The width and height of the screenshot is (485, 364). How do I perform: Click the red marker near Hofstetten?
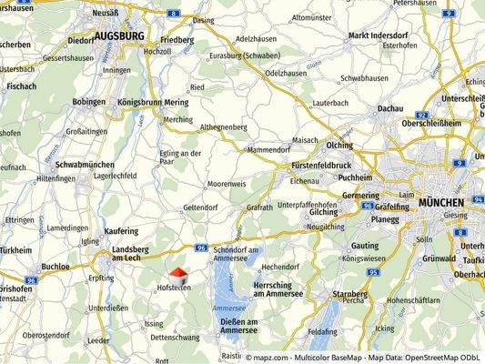coord(177,272)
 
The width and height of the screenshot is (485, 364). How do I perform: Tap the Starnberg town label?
coord(349,295)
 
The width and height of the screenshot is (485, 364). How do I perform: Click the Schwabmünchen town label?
coord(83,165)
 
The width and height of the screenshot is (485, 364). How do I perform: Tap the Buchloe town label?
coord(56,267)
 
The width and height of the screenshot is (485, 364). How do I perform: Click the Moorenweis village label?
coord(228,184)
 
